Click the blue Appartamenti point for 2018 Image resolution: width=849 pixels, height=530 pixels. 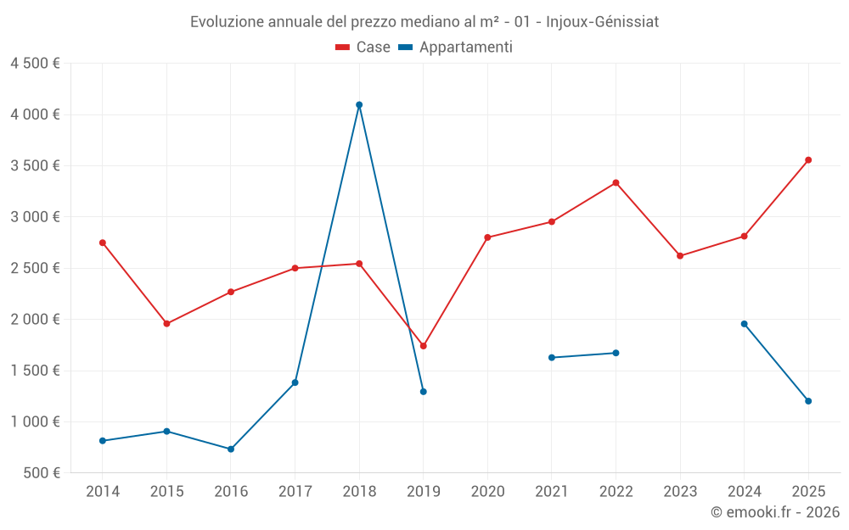pos(359,105)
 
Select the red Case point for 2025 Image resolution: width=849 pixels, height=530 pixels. pos(808,160)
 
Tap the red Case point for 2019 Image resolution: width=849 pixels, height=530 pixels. pos(424,346)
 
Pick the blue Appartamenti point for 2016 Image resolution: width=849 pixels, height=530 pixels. pos(231,449)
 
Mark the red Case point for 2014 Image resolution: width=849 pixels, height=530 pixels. pos(103,243)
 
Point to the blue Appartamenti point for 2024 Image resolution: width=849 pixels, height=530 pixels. pos(745,324)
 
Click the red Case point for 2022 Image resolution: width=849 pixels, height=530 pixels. pos(616,183)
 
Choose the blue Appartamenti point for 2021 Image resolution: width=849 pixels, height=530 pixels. pos(552,358)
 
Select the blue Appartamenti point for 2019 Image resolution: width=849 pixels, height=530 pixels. pos(424,392)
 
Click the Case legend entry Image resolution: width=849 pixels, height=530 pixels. pos(363,47)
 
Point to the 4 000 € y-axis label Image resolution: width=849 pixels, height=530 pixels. pos(35,114)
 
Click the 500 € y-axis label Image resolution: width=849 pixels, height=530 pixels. pos(41,473)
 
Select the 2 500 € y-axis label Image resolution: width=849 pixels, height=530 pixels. pos(35,268)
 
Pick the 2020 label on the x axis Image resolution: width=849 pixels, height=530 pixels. pos(487,491)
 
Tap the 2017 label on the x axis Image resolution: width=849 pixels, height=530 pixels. pos(295,491)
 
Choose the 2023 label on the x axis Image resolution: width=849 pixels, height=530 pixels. pos(680,491)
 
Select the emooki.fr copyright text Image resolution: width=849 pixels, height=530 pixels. pos(775,512)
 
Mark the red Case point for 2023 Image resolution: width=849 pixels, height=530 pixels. pos(680,256)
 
